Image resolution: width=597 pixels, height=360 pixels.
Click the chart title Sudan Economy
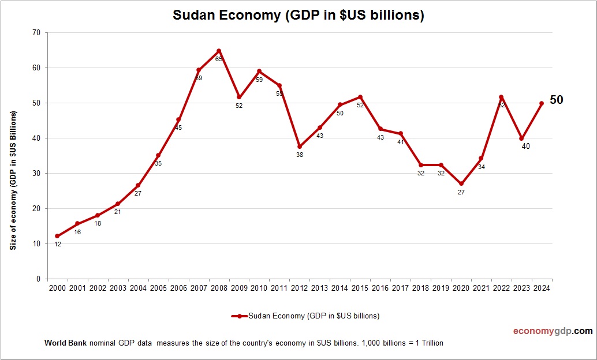pos(298,15)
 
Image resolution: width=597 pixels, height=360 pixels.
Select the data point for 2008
pos(219,51)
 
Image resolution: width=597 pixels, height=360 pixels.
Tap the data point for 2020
pos(461,184)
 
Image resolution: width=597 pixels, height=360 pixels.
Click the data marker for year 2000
pos(57,236)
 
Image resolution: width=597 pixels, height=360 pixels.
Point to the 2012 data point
pos(300,147)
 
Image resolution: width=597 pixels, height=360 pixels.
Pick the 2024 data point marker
pos(542,103)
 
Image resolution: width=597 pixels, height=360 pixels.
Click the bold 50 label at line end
pos(556,100)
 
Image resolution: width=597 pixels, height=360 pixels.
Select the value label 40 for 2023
pos(525,146)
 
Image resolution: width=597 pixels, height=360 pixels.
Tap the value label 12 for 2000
pos(58,244)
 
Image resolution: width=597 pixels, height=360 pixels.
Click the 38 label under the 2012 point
pos(300,155)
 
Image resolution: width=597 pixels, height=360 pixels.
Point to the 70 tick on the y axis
pos(36,33)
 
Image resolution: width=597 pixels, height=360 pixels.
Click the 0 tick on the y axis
pos(38,279)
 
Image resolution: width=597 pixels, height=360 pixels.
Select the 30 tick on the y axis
pos(36,173)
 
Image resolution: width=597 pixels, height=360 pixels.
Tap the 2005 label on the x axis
pos(158,288)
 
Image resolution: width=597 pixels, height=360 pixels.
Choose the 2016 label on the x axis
pos(380,288)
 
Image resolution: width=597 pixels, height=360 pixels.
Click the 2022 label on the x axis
pos(502,288)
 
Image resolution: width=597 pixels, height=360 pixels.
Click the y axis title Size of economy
pos(13,180)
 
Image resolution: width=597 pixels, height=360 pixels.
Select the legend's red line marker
pos(239,316)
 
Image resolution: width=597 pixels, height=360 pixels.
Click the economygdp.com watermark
pos(553,331)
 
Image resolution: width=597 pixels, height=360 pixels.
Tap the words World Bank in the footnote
pos(65,343)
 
